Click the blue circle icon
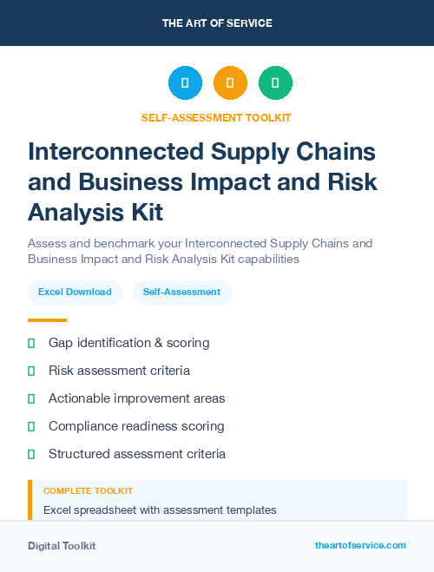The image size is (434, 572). (x=185, y=83)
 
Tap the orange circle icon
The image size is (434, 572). (x=230, y=83)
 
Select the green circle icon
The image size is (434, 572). (x=275, y=83)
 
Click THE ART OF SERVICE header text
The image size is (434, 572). (x=217, y=23)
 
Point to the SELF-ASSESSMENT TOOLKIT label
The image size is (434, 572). (x=217, y=118)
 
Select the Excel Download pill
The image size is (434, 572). (x=75, y=293)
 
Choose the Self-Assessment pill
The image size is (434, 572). (x=182, y=293)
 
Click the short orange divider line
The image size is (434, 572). (x=47, y=320)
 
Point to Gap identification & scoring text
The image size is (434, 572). (x=128, y=343)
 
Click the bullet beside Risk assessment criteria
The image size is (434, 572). (x=31, y=371)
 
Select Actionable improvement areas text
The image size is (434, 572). (x=136, y=398)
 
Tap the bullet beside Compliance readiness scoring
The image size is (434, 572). (x=31, y=426)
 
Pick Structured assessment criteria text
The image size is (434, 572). (x=137, y=454)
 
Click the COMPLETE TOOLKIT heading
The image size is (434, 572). (x=88, y=491)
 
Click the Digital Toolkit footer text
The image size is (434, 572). (x=62, y=546)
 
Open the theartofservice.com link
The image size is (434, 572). (x=360, y=545)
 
